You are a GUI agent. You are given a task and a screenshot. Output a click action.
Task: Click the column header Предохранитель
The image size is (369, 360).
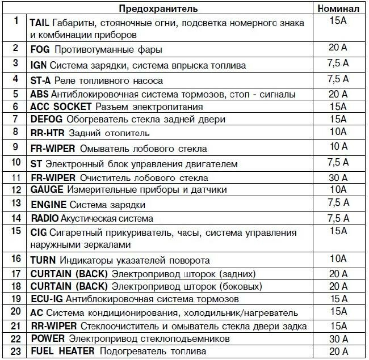(x=158, y=9)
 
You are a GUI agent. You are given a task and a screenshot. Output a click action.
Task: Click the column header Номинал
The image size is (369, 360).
(x=337, y=9)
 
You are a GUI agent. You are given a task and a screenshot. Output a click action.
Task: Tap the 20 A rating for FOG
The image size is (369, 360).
(x=338, y=49)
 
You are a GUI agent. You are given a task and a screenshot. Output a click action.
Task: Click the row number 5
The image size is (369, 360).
(x=15, y=94)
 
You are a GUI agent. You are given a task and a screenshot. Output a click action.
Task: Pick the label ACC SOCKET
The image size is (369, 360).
(x=61, y=107)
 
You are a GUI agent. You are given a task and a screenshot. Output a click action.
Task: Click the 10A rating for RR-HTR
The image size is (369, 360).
(x=338, y=133)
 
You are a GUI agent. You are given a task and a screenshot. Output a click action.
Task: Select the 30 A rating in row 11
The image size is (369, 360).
(x=338, y=177)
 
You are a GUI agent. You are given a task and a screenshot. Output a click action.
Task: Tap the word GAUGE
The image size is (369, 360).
(x=47, y=189)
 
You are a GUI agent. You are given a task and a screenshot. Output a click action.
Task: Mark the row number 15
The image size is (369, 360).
(x=15, y=231)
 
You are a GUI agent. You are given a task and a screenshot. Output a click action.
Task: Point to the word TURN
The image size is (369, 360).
(x=43, y=260)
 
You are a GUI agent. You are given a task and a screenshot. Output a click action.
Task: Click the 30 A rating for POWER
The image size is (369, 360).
(x=338, y=338)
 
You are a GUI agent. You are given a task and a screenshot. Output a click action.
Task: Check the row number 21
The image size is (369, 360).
(x=15, y=325)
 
